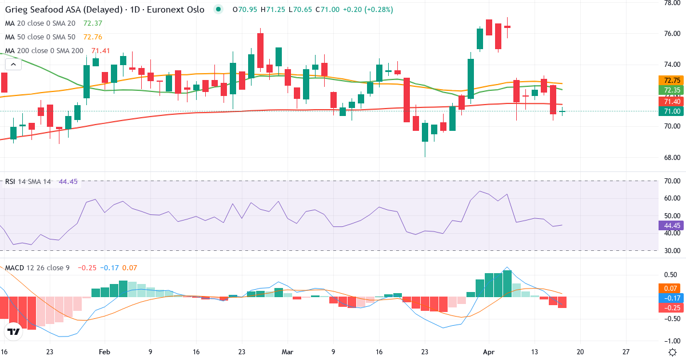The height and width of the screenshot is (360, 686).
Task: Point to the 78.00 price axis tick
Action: click(x=668, y=3)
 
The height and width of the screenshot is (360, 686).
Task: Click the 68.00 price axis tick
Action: click(x=668, y=157)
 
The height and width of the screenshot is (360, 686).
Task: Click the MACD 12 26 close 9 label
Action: click(x=37, y=267)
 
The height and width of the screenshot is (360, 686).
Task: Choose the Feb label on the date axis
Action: click(x=104, y=351)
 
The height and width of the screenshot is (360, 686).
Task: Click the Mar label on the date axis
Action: click(x=287, y=351)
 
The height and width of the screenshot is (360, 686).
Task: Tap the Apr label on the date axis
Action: click(x=489, y=351)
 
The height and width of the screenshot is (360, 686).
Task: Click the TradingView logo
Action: click(x=14, y=331)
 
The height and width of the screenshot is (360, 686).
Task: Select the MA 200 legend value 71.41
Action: click(x=95, y=51)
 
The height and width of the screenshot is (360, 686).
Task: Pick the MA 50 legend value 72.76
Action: click(x=93, y=37)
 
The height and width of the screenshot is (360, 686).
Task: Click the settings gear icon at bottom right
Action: click(x=672, y=351)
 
